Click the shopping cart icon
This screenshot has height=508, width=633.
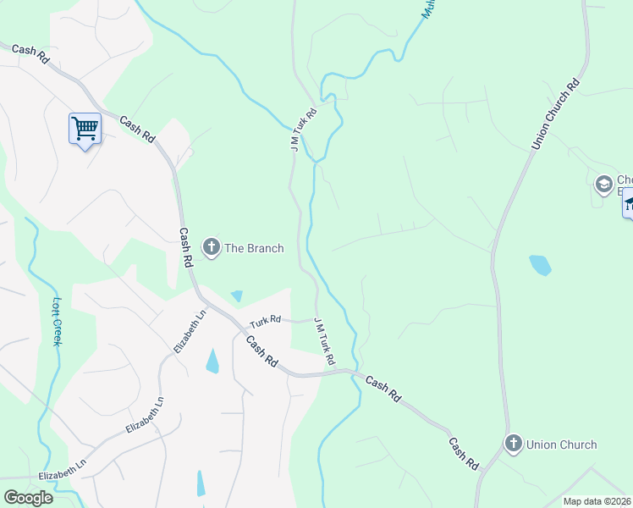pos(85,129)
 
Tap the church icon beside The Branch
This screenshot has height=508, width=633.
pos(212,247)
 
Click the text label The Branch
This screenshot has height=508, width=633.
pos(254,248)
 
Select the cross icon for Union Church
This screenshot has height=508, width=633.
pos(513,444)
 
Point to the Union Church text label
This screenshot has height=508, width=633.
pos(561,444)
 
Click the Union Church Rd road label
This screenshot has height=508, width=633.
pos(555,115)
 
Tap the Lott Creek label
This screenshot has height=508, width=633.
pos(57,319)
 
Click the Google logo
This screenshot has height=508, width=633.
pos(28,497)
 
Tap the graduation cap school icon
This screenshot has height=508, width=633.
pos(603,184)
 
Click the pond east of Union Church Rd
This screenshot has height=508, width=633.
pos(540,265)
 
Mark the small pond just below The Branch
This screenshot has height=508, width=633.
pos(236,295)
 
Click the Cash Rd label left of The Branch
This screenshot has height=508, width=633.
pos(185,247)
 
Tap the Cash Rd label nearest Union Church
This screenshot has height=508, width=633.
pos(464,455)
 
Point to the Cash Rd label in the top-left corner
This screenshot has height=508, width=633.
pos(30,51)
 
